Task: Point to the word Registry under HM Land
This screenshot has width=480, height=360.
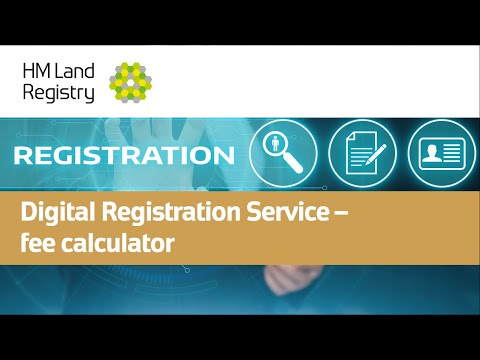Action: click(59, 93)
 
